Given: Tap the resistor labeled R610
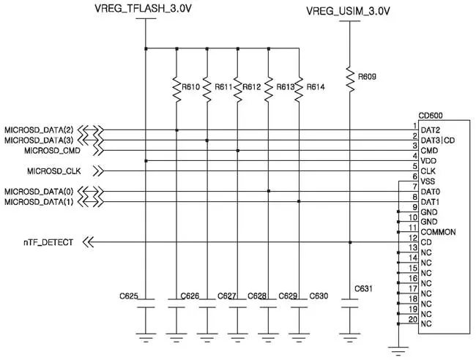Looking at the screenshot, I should pyautogui.click(x=176, y=88).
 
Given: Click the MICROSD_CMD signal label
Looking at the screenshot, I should pyautogui.click(x=53, y=150).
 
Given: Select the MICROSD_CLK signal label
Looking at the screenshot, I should pyautogui.click(x=53, y=171).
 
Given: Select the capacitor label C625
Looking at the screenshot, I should pyautogui.click(x=129, y=296).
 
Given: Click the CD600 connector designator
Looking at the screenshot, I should pyautogui.click(x=430, y=116).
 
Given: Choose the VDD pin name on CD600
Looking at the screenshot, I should pyautogui.click(x=429, y=160).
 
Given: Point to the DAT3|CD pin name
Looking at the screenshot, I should pyautogui.click(x=438, y=139).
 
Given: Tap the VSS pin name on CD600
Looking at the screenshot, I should pyautogui.click(x=429, y=180).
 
